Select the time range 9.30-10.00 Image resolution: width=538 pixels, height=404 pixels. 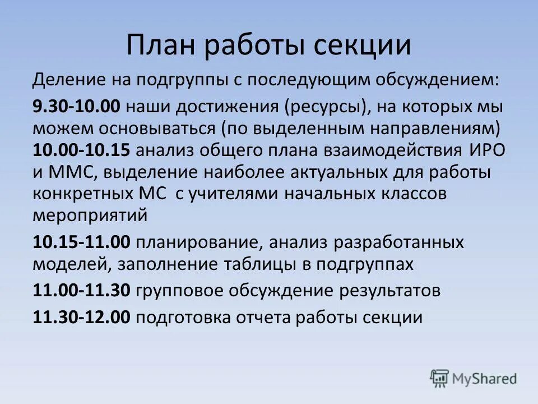pyautogui.click(x=81, y=107)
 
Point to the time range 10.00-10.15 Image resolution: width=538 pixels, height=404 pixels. pyautogui.click(x=81, y=151)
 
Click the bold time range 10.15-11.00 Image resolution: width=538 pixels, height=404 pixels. pyautogui.click(x=81, y=243)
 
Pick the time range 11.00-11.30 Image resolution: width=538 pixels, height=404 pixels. pyautogui.click(x=81, y=291)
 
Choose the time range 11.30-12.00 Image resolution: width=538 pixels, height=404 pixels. pyautogui.click(x=81, y=318)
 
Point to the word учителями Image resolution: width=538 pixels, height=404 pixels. pyautogui.click(x=235, y=194)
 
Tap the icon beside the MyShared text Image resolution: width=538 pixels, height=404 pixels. pyautogui.click(x=440, y=379)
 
